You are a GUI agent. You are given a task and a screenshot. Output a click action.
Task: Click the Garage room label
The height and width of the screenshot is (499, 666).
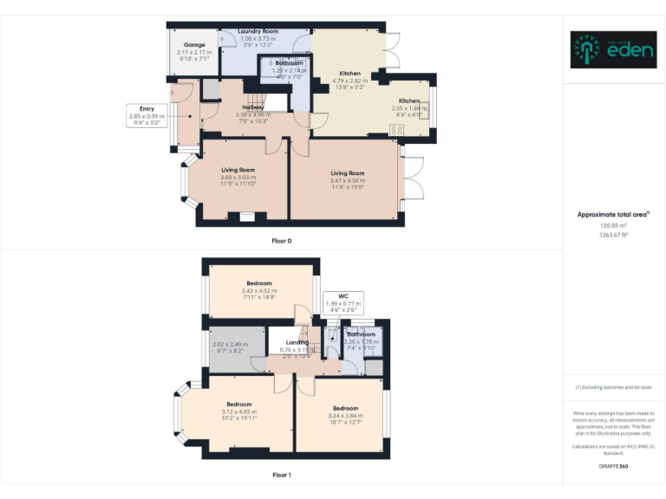point(194,44)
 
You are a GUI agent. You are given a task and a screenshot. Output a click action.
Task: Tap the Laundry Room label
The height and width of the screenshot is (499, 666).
point(258,31)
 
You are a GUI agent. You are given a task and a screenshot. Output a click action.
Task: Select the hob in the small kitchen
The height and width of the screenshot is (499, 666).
point(398,129)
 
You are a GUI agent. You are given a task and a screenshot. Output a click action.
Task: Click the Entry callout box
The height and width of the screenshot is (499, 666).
point(147,116)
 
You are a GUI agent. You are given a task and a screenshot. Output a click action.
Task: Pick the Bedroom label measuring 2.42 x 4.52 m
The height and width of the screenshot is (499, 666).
point(258,283)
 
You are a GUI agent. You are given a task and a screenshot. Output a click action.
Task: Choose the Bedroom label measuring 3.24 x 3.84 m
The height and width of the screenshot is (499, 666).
point(345,408)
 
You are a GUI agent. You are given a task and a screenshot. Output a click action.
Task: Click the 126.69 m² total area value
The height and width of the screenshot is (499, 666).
point(613,225)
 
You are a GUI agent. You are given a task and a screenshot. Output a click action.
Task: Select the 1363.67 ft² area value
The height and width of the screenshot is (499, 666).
point(613,235)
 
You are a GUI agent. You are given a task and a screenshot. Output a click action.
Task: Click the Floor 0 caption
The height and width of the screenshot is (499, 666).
point(281,240)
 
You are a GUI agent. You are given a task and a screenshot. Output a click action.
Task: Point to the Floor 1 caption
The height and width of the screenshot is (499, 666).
point(281,475)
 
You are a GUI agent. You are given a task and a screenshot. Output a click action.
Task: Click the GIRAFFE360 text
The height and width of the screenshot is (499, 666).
point(613,467)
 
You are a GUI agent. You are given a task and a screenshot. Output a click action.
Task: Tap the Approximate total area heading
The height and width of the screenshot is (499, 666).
point(612,214)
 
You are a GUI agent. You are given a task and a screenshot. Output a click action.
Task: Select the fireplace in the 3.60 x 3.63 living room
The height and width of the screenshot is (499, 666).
point(248,217)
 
